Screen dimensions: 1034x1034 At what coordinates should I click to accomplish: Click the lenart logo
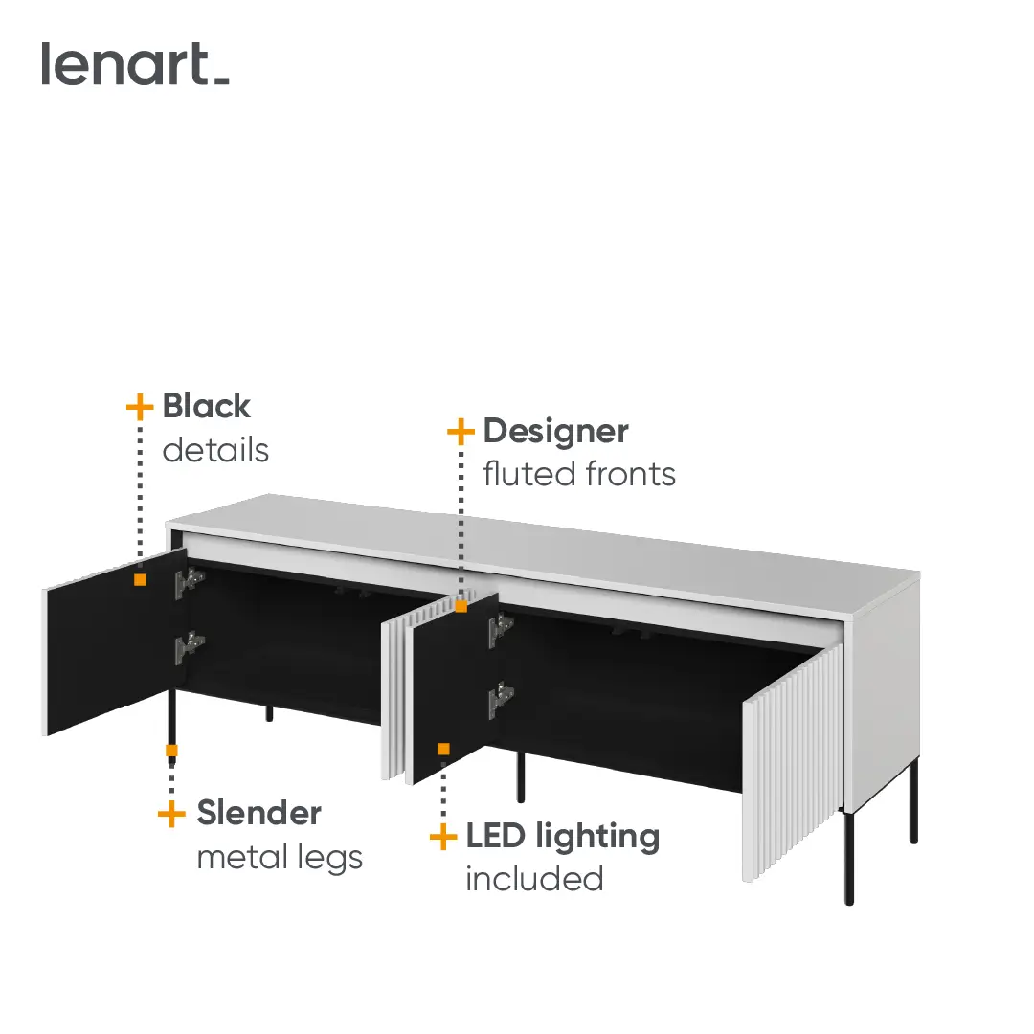[x=135, y=64]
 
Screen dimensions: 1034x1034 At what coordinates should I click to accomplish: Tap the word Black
[x=207, y=406]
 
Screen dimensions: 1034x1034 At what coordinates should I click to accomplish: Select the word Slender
[x=259, y=813]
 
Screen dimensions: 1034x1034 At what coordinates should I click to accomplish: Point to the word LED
[x=497, y=836]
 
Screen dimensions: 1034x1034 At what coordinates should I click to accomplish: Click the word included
[x=535, y=879]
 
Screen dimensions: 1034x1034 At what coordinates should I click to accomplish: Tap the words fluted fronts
[x=579, y=474]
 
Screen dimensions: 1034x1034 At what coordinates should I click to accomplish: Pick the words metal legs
[x=280, y=858]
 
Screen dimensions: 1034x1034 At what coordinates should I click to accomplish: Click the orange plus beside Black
[x=140, y=407]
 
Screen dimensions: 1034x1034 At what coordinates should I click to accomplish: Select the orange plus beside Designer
[x=461, y=432]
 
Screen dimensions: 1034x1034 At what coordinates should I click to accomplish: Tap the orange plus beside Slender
[x=171, y=814]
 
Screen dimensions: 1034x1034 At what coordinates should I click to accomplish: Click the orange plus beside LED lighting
[x=443, y=838]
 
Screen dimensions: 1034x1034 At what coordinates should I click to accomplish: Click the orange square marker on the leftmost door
[x=140, y=579]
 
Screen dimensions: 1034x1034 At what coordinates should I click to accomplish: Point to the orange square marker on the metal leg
[x=171, y=751]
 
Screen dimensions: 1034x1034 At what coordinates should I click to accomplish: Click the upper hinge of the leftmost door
[x=190, y=582]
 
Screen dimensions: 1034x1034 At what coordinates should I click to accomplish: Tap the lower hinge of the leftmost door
[x=190, y=647]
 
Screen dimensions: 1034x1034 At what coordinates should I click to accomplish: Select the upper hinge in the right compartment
[x=501, y=628]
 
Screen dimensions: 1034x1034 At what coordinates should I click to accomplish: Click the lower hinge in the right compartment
[x=501, y=699]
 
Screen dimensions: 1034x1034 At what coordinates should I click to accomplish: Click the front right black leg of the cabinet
[x=849, y=856]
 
